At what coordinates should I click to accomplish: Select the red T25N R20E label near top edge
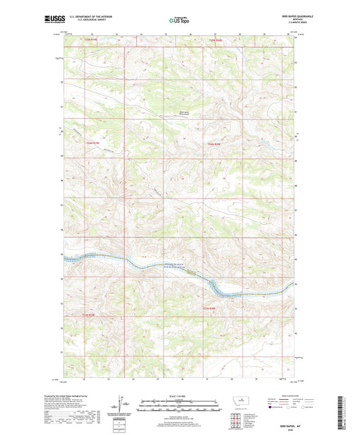click(x=215, y=41)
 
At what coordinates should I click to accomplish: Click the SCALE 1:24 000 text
click(x=179, y=395)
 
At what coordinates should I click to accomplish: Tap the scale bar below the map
click(x=179, y=407)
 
